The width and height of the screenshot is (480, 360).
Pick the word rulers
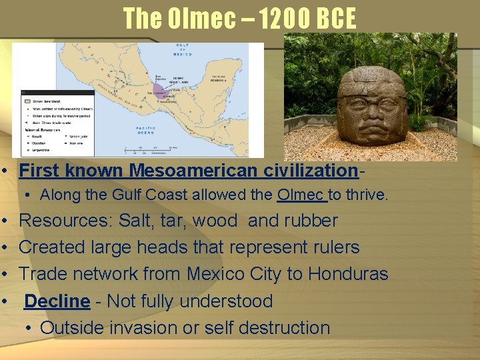point(336,247)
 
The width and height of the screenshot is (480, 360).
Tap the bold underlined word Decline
point(57,301)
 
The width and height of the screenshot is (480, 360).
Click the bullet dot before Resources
point(5,221)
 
